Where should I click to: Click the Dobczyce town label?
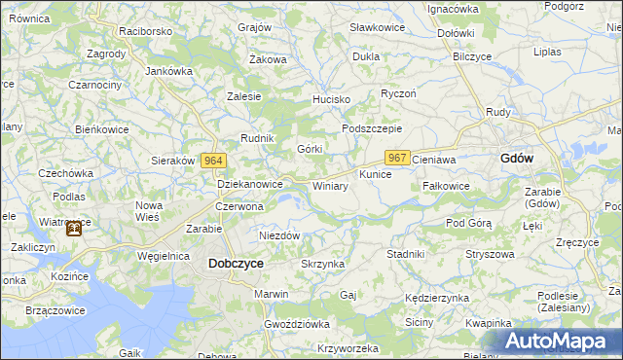click(x=236, y=263)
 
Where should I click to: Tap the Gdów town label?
click(x=516, y=159)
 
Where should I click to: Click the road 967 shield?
click(x=397, y=158)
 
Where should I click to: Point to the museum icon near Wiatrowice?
click(x=73, y=230)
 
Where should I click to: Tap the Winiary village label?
click(x=330, y=186)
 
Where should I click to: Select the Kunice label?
click(x=375, y=174)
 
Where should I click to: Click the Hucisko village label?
click(x=330, y=100)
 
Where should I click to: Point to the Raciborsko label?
click(x=146, y=31)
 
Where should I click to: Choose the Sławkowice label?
click(x=377, y=27)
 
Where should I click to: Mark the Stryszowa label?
click(x=490, y=254)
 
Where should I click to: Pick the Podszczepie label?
click(x=372, y=129)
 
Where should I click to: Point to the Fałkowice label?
click(x=447, y=186)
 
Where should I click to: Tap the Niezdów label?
click(x=279, y=235)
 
